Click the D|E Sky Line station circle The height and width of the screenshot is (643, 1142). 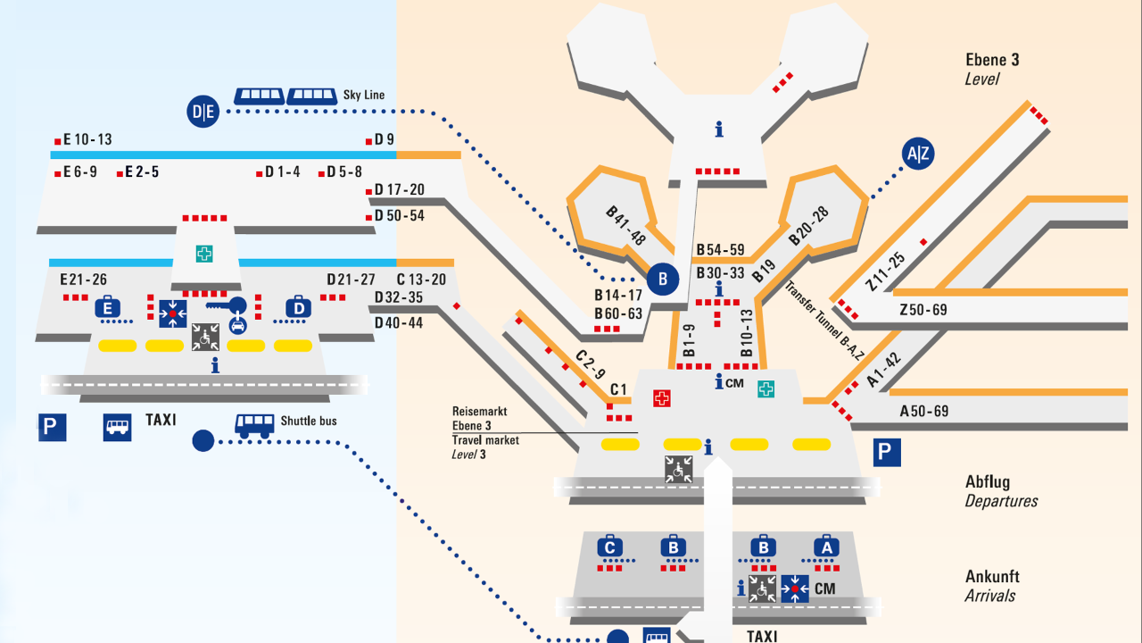pos(203,112)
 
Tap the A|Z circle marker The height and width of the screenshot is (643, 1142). pos(918,154)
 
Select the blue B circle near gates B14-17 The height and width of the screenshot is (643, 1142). pos(663,280)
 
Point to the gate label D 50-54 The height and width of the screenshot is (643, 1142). pos(399,216)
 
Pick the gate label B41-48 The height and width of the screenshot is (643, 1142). pos(625,226)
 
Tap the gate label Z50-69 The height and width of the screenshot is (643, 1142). pos(923,310)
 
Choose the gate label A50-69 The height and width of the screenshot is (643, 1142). pos(924,412)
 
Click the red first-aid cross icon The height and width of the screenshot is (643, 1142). pos(661,398)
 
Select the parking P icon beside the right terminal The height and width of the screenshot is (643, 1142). pos(884,452)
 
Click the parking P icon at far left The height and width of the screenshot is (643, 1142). pos(52,427)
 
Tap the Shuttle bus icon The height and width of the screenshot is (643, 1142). pos(254,424)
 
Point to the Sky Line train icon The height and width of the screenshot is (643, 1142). pos(285,96)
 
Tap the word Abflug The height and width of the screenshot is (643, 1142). pos(987,482)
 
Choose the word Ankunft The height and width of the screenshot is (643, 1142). pos(992,577)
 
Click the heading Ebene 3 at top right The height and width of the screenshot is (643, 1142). pos(992,60)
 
